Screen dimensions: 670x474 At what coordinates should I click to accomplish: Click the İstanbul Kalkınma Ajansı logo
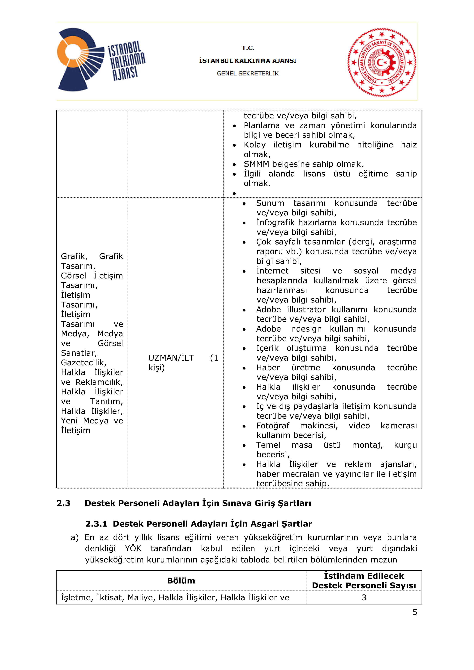tap(101, 60)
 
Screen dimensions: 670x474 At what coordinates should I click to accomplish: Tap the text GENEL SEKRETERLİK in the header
tap(247, 74)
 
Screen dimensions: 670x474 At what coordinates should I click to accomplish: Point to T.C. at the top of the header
tap(248, 48)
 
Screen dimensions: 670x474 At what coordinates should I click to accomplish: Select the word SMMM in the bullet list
tap(257, 164)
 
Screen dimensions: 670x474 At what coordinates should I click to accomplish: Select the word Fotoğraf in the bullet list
tap(273, 426)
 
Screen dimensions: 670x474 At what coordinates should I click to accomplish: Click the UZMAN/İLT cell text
tap(171, 358)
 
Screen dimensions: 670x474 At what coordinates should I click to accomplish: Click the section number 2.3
tap(63, 503)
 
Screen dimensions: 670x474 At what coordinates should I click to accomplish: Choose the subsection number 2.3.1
tap(96, 524)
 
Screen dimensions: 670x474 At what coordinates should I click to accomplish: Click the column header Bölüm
tap(181, 581)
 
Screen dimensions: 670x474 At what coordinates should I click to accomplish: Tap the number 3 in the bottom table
tap(364, 598)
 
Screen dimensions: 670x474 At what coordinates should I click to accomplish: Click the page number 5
tap(415, 612)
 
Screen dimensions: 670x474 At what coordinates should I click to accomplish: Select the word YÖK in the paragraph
tap(133, 549)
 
